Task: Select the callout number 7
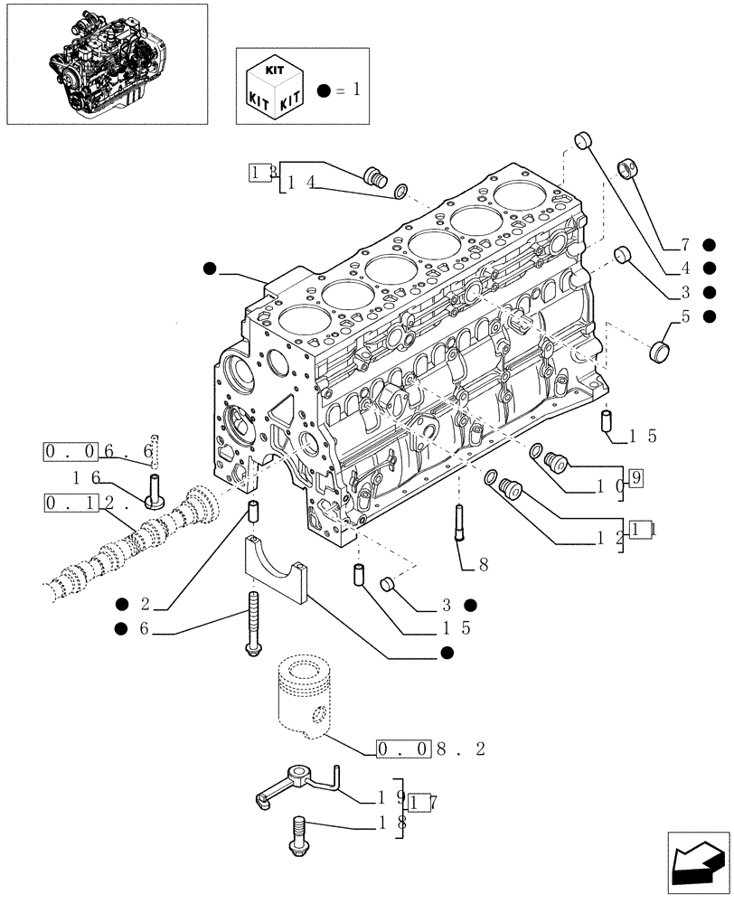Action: coord(684,245)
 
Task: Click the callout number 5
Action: coord(684,316)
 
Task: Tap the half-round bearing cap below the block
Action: coord(276,570)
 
